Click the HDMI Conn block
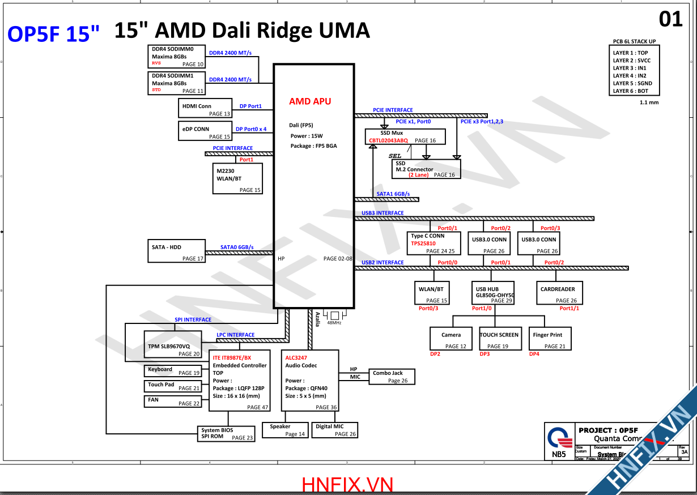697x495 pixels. pos(205,108)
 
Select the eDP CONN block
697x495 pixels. pos(205,131)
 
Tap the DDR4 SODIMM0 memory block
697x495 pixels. pos(177,57)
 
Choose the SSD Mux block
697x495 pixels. pos(405,136)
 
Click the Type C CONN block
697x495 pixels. pos(432,243)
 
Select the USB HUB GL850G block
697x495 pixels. pos(493,293)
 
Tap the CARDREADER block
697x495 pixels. pos(558,293)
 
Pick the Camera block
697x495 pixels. pos(452,339)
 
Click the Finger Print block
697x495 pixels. pos(549,339)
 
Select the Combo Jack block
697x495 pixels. pos(392,377)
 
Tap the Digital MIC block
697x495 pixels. pos(335,430)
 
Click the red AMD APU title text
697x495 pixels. pos(310,101)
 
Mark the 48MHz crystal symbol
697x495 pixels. pos(334,315)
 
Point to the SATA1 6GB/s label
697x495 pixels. pos(393,194)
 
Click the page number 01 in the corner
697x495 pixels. pos(671,19)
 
